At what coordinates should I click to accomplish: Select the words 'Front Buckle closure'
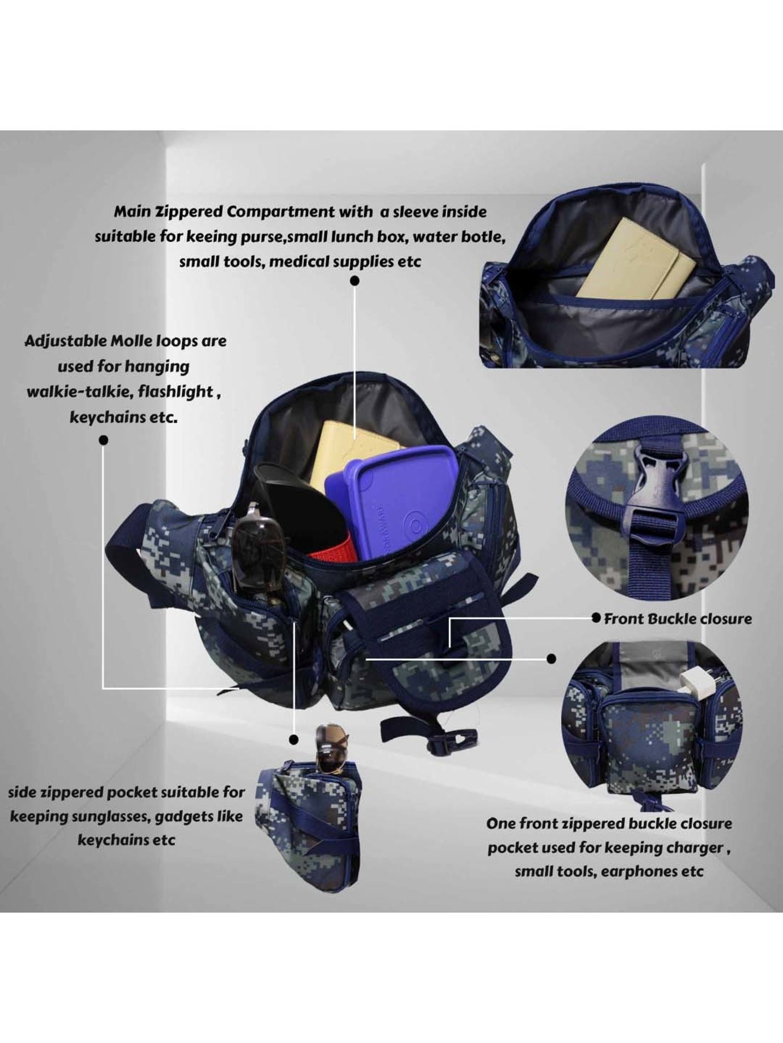[x=678, y=619]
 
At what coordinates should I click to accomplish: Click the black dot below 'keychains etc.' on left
[x=103, y=441]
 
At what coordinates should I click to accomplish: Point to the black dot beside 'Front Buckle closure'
[x=596, y=618]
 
